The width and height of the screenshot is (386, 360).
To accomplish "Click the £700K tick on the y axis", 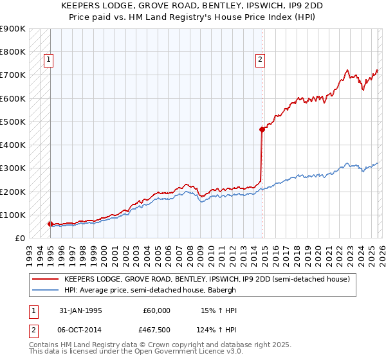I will [x=13, y=75].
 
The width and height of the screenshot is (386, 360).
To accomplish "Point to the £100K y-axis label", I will [x=13, y=215].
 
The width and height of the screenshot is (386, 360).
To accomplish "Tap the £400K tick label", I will [x=13, y=145].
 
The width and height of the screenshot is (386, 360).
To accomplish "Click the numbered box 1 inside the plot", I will [x=49, y=60].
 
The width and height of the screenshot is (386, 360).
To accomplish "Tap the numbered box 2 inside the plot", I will [x=260, y=60].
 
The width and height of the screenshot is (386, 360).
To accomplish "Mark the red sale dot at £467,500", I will [x=262, y=129].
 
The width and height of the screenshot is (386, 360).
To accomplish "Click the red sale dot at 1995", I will [x=50, y=224].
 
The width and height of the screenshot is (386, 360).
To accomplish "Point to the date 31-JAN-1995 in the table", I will [x=80, y=310].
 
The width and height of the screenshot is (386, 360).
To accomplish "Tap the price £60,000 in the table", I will [x=156, y=310].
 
